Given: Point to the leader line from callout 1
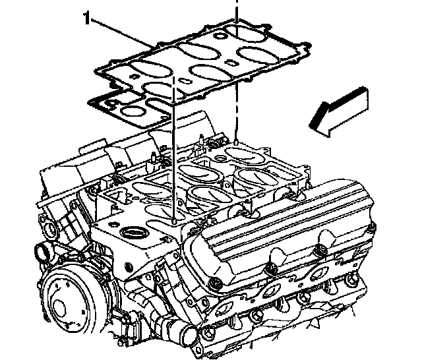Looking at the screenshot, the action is coord(122,33).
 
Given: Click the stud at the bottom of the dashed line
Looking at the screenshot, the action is coord(235,142).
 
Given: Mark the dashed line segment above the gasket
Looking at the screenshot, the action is coord(235,8).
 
